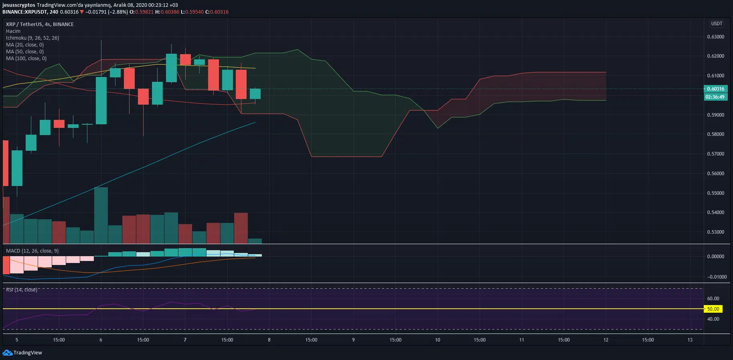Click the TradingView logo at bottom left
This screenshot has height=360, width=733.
pos(22,353)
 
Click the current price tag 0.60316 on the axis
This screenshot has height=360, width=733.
pos(715,89)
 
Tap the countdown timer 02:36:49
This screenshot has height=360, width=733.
pos(715,97)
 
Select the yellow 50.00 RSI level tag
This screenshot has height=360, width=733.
pos(713,309)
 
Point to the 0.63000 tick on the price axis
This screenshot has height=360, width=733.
pos(715,37)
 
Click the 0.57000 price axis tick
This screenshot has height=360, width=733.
pos(715,154)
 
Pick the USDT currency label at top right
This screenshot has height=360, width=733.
pos(717,24)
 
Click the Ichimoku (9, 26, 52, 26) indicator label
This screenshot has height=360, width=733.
pos(32,38)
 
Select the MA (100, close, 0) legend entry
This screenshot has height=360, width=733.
pos(26,59)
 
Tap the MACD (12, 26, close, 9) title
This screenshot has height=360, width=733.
pos(32,251)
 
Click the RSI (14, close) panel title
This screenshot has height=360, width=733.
pos(22,290)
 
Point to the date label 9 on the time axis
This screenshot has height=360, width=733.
pos(353,340)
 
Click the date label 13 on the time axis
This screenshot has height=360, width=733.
pos(690,340)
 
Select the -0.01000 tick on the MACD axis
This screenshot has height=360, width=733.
pos(717,277)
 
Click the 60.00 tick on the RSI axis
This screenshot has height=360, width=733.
pos(713,299)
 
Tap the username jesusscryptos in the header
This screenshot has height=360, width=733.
pos(18,5)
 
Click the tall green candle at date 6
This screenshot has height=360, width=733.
pos(101,100)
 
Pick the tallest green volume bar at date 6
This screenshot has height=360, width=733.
pos(101,215)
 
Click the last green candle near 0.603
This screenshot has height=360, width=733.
pos(255,94)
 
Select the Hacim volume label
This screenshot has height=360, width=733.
pos(13,31)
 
